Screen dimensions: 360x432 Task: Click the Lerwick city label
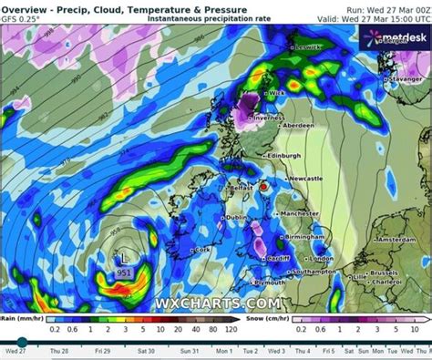click(x=310, y=47)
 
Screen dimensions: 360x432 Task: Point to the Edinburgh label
click(x=286, y=156)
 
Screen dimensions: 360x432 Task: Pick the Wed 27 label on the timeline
click(x=15, y=351)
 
